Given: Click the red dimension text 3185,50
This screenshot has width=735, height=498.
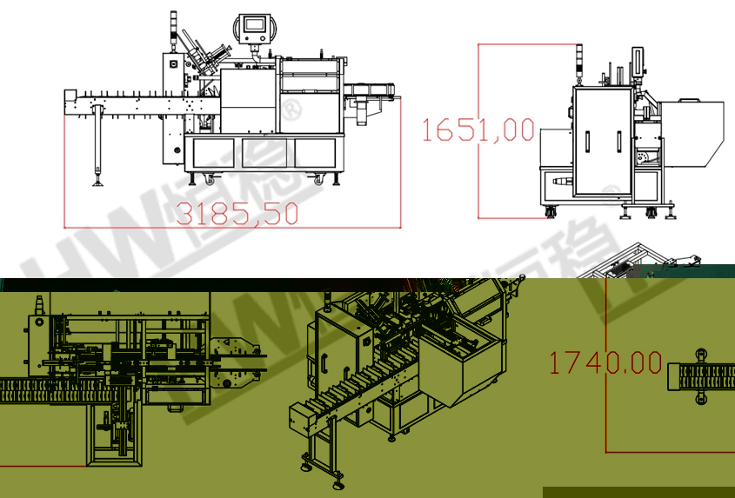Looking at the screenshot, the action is pos(237,214).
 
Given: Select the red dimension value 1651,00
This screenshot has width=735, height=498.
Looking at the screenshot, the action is pos(478,129).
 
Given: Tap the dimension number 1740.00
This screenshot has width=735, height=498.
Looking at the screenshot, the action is pos(605,362).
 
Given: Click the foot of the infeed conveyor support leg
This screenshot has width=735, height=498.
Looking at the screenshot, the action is pos(98,183).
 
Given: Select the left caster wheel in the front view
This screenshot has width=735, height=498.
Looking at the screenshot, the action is pos(210,178).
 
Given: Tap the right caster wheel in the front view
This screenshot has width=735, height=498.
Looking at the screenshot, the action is pos(319,178).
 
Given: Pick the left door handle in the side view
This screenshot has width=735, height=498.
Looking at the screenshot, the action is pos(587,142).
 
